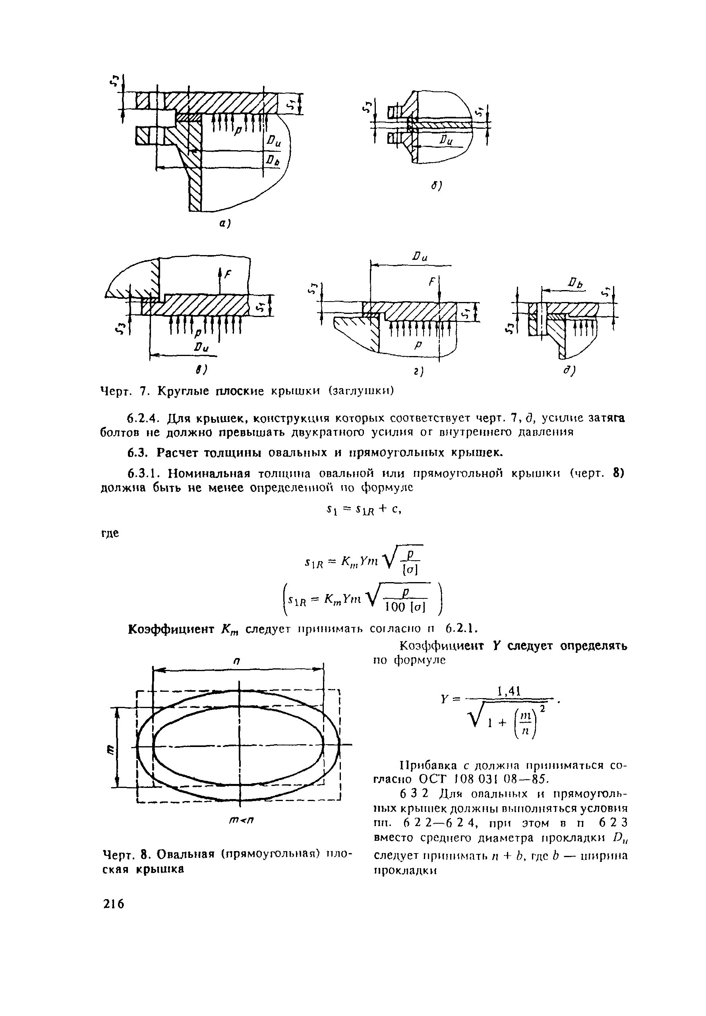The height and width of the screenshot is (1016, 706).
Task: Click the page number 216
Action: (x=114, y=904)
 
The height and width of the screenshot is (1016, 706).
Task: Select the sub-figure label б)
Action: (x=437, y=186)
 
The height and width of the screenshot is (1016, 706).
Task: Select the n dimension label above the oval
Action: (x=237, y=661)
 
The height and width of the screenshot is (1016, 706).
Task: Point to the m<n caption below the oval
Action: (x=241, y=820)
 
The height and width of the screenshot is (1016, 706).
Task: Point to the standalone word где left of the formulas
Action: (x=110, y=533)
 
